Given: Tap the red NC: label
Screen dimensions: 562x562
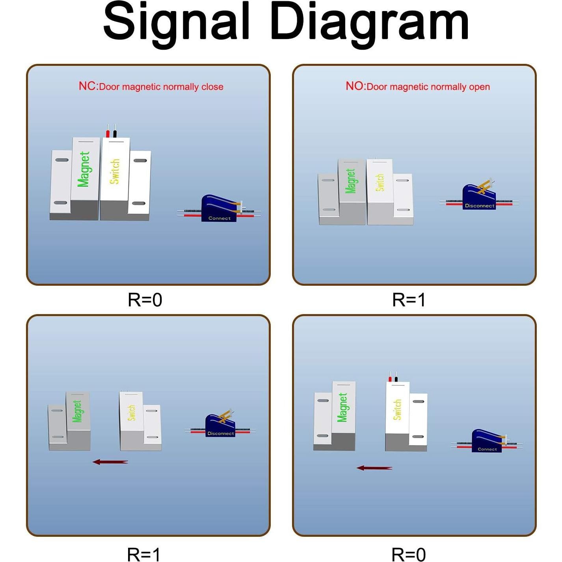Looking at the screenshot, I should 88,86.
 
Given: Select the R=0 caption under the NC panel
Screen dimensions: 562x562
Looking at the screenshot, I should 145,300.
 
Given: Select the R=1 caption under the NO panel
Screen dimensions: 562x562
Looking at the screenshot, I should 409,300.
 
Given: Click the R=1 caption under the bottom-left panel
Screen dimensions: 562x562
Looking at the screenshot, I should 143,554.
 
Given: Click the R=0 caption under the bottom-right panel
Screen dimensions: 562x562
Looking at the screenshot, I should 409,554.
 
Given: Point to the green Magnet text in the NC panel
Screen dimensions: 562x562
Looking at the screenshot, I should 84,169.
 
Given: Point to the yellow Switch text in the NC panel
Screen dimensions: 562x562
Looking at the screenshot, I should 114,171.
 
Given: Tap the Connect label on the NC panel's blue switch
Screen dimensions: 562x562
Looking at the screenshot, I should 219,218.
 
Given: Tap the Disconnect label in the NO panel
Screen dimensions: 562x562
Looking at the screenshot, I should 479,206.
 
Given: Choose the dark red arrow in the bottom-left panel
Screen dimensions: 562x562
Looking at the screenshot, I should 110,462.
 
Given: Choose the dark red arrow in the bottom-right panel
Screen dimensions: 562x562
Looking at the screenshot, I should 374,468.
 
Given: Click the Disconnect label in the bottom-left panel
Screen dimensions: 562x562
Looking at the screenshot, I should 220,434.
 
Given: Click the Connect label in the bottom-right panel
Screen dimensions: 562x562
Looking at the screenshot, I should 487,449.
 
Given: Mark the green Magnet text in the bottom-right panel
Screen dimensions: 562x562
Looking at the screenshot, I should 342,407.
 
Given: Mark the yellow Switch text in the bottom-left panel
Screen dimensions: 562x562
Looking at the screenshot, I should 132,412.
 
